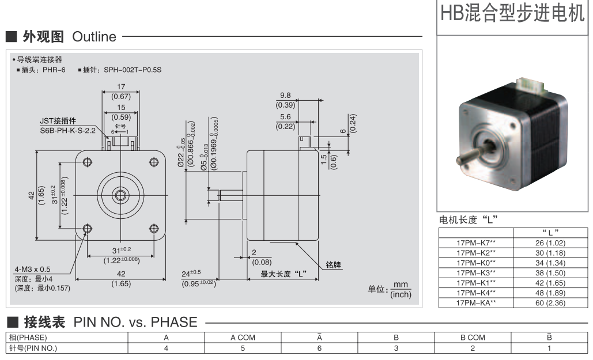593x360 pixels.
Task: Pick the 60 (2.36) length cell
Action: pos(550,302)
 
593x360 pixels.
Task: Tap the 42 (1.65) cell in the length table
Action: pos(550,282)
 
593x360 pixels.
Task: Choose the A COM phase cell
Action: pos(243,338)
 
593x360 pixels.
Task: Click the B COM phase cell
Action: pos(473,338)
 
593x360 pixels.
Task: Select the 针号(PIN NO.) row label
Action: pos(32,347)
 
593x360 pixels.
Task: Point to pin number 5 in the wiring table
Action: pos(243,347)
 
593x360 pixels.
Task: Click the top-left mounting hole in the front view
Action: pos(87,162)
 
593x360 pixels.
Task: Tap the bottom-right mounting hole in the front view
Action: pos(154,229)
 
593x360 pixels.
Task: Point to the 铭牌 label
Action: pos(334,265)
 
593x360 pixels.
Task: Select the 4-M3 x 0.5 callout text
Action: pos(33,269)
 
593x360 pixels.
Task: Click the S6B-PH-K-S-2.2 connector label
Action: pos(69,130)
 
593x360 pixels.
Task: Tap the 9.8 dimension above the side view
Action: pos(286,96)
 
